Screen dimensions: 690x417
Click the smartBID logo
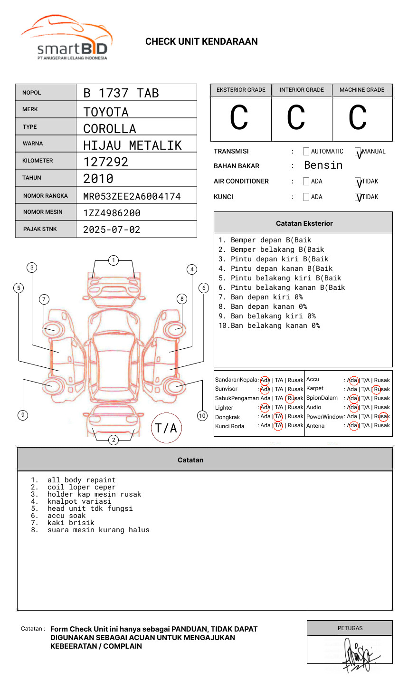point(66,38)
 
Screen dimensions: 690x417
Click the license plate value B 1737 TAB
point(121,93)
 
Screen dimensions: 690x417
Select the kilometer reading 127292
point(105,162)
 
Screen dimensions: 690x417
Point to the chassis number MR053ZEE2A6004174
point(132,196)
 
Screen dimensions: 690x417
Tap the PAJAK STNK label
point(40,229)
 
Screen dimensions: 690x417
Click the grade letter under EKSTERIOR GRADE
point(239,118)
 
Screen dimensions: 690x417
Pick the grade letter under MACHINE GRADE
point(357,118)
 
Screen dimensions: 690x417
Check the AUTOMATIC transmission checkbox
point(306,152)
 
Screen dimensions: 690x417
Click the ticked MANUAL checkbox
point(358,152)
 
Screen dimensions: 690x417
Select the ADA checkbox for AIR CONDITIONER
point(306,182)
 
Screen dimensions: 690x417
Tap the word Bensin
point(323,165)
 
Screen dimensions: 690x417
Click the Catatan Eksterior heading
point(304,223)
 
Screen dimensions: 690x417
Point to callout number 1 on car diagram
point(113,260)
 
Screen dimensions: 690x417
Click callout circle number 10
point(202,416)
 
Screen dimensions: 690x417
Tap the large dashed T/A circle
point(166,428)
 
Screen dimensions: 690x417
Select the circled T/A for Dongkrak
point(278,417)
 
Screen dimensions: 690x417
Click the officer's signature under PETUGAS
point(358,655)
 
